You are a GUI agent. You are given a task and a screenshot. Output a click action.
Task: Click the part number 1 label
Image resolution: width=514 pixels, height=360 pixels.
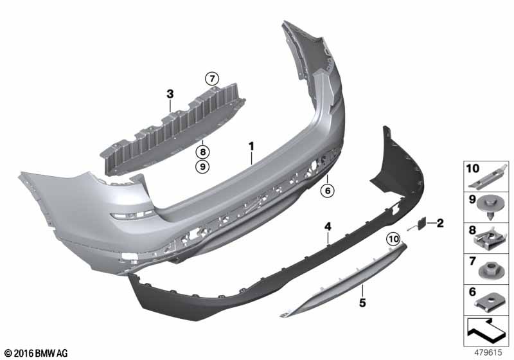[x=253, y=147]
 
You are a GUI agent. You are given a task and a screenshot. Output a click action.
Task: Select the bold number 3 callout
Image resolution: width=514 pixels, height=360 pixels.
[x=170, y=94]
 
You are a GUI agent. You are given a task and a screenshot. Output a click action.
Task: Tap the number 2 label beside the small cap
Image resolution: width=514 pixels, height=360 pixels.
[x=440, y=223]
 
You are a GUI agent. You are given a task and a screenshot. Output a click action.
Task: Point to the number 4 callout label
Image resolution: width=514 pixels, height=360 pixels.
[x=328, y=226]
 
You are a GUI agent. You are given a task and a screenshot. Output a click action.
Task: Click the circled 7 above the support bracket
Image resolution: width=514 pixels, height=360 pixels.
[x=212, y=78]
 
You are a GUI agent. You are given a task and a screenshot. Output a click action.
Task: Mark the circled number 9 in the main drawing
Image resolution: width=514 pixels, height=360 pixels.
[x=202, y=167]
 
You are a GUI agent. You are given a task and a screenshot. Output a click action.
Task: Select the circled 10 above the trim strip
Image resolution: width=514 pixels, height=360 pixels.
[x=392, y=239]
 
